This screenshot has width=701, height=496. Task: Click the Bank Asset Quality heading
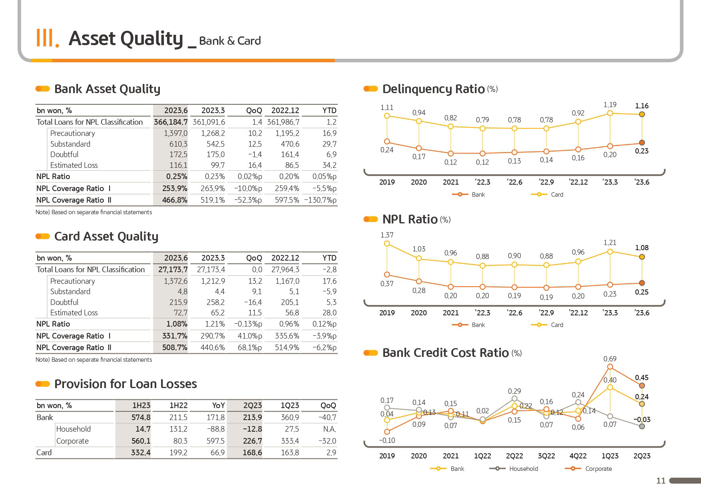[x=107, y=89]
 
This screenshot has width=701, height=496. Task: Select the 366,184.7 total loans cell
[x=171, y=122]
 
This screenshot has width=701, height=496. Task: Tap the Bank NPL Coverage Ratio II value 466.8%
[x=175, y=200]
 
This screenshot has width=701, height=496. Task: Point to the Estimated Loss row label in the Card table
[x=74, y=313]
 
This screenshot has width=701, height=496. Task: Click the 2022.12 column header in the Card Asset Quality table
[x=285, y=258]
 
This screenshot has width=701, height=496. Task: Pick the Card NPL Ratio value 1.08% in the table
[x=177, y=324]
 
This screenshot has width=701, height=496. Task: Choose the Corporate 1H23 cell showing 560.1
[x=141, y=441]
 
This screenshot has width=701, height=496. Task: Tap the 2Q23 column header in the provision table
[x=253, y=405]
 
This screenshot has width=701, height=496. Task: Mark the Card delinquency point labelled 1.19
[x=610, y=113]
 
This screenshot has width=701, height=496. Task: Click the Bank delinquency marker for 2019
[x=387, y=141]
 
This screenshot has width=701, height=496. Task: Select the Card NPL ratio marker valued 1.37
[x=387, y=243]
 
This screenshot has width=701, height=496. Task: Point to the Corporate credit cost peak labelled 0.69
[x=610, y=367]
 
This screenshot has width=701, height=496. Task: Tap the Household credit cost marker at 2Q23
[x=642, y=426]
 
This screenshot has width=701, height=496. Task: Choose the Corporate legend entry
[x=588, y=468]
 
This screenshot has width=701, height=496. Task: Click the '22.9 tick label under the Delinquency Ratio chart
[x=546, y=182]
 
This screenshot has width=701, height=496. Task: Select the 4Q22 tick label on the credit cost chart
[x=578, y=456]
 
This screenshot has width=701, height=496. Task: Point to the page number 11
[x=661, y=481]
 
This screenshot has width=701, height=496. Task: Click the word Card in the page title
[x=249, y=41]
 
